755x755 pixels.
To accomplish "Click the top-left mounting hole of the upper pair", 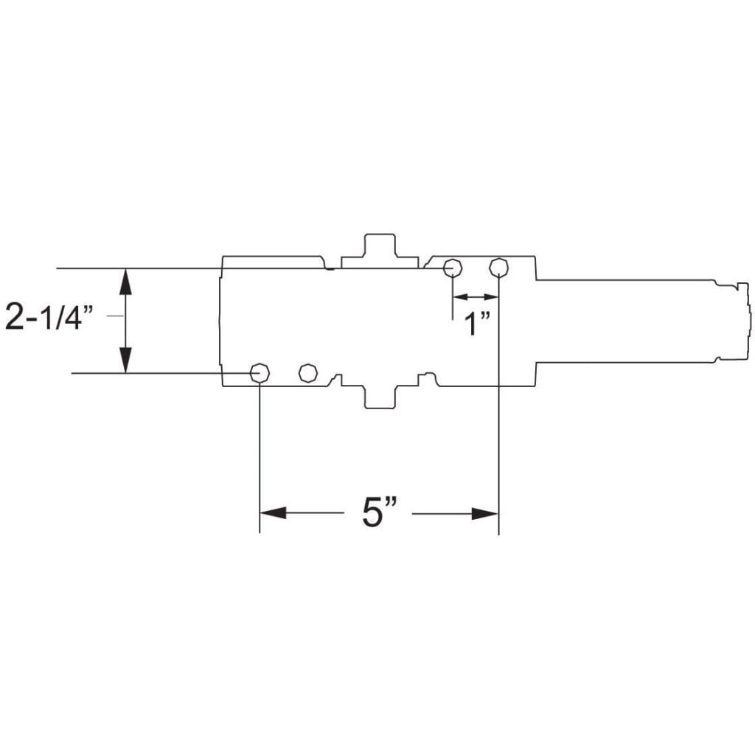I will coord(452,266).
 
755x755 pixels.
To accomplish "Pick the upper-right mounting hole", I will coord(499,266).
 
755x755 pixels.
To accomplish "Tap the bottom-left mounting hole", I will coord(260,373).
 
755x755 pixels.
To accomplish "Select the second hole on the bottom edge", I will coord(307,373).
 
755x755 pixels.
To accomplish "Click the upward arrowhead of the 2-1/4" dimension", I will coord(126,280).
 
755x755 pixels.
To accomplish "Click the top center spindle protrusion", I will coord(380,247).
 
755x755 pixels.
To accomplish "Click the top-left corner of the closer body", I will coord(223,257).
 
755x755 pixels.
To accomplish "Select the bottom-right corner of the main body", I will coord(535,385).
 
